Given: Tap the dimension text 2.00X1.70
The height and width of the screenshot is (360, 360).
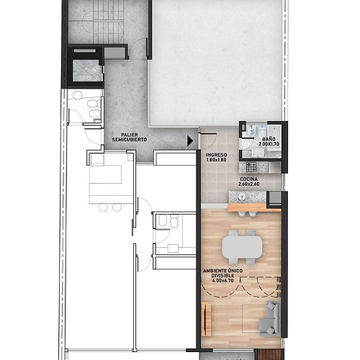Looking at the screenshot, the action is [x=269, y=144].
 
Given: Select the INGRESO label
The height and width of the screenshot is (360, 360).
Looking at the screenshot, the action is [x=216, y=155].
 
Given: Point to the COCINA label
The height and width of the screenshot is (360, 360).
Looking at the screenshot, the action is [x=249, y=179].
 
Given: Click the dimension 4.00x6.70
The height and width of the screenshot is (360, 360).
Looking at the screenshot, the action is [x=223, y=281].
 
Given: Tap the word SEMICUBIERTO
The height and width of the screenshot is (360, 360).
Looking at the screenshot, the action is [x=130, y=140].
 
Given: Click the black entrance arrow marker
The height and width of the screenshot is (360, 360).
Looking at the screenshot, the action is [x=190, y=141].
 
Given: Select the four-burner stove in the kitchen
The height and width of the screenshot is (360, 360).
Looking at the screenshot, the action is [x=251, y=167].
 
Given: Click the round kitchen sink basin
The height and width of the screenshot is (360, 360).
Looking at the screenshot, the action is [x=241, y=197].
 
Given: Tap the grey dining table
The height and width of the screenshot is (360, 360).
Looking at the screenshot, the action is [x=242, y=247].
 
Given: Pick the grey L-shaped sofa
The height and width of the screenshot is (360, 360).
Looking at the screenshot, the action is [x=271, y=318].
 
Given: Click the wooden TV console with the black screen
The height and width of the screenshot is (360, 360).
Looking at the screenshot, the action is [x=206, y=319].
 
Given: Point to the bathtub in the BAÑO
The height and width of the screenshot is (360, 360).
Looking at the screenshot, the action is [x=274, y=138].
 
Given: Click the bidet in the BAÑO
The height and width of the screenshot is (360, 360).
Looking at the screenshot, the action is [x=251, y=131].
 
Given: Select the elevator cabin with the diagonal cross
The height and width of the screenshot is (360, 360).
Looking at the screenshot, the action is [x=88, y=71].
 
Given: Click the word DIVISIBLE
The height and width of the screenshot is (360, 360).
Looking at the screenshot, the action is [x=223, y=276].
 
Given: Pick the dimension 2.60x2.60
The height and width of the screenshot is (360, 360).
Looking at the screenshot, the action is [x=249, y=184].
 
